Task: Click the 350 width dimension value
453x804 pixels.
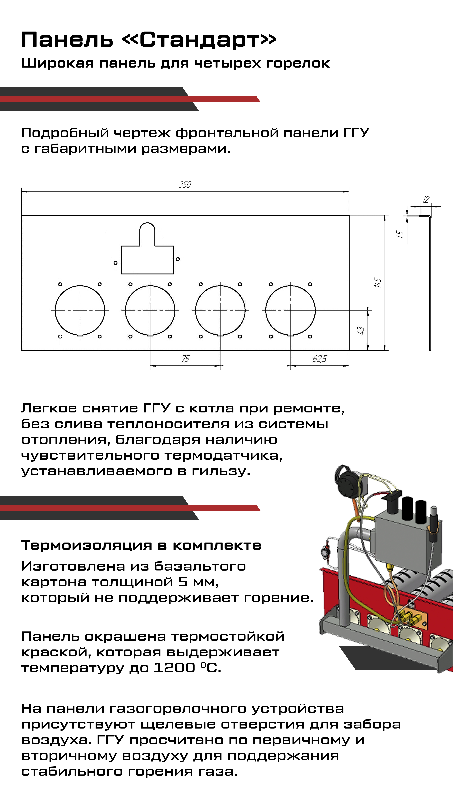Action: tap(185, 184)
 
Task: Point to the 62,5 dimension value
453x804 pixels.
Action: tap(319, 359)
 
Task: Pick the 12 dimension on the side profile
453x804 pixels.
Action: tap(426, 199)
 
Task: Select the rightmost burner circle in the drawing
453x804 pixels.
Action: tap(290, 310)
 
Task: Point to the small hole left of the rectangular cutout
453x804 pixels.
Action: tap(115, 263)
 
